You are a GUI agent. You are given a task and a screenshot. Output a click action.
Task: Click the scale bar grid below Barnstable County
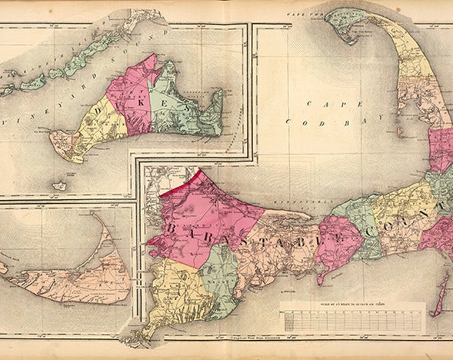(x=352, y=320)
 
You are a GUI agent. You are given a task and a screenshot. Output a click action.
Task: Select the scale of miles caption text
(x=353, y=306)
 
